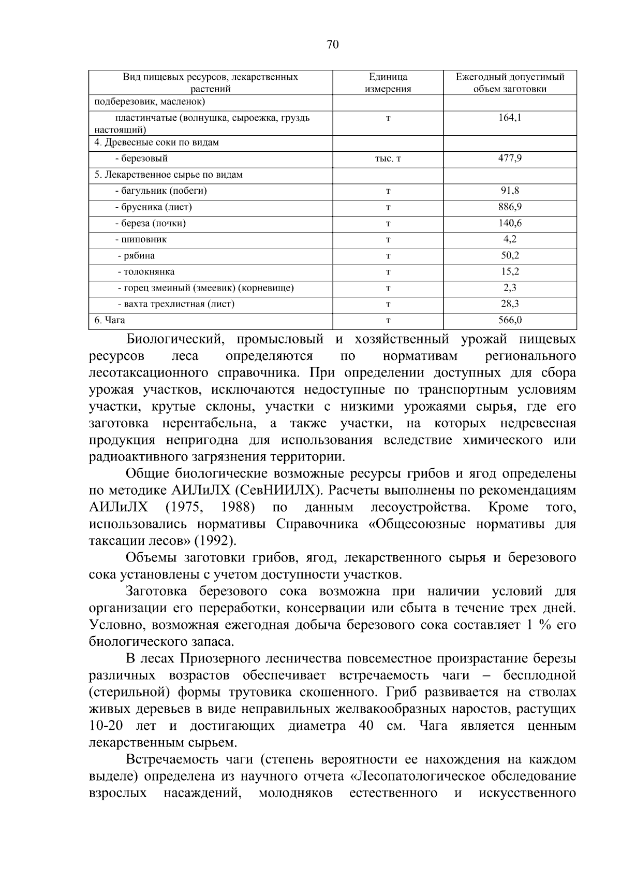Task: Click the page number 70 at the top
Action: pyautogui.click(x=332, y=45)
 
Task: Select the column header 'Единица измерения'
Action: pyautogui.click(x=388, y=83)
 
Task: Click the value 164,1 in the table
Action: pyautogui.click(x=510, y=118)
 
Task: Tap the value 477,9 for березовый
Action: pyautogui.click(x=510, y=158)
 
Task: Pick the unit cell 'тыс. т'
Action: pyautogui.click(x=388, y=159)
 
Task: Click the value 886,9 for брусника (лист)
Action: pyautogui.click(x=510, y=207)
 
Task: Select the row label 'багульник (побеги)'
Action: pyautogui.click(x=161, y=191)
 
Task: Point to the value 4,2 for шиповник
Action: pyautogui.click(x=510, y=239)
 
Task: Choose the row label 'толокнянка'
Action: pyautogui.click(x=146, y=271)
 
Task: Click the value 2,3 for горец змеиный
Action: pyautogui.click(x=510, y=287)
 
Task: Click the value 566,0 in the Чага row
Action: pyautogui.click(x=510, y=320)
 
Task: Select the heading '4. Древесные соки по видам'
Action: pyautogui.click(x=156, y=142)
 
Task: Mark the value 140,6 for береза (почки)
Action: pyautogui.click(x=510, y=223)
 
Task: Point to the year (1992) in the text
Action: pyautogui.click(x=214, y=541)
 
